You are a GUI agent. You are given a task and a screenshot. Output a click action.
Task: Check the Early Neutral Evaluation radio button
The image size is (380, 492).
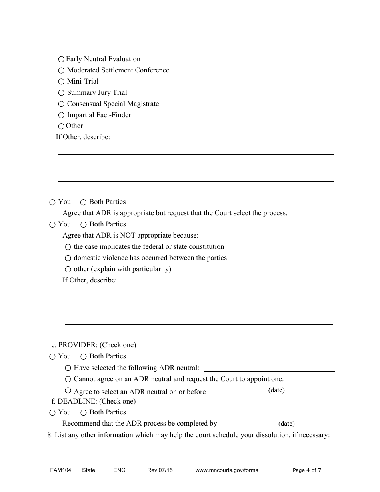61,59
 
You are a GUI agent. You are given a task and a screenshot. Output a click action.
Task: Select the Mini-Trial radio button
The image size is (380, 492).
61,82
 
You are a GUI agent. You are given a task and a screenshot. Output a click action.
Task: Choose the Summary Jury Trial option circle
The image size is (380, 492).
61,93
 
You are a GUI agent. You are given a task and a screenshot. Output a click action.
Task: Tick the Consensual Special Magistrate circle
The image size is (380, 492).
61,104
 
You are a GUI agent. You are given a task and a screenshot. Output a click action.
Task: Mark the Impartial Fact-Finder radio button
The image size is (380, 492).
61,115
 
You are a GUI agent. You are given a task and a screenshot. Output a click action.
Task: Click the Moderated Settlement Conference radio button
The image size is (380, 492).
61,70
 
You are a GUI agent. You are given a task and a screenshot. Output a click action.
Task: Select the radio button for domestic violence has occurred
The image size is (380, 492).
68,258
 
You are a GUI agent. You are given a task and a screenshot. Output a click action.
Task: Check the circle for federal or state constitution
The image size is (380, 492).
68,247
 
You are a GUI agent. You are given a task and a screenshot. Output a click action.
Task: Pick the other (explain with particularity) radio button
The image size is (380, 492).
68,270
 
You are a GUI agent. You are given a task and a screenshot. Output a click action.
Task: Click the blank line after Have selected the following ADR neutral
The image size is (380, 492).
269,368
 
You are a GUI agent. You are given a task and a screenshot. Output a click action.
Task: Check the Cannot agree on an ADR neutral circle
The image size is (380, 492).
68,379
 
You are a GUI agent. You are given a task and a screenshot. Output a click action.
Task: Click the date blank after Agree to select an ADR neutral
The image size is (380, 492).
239,391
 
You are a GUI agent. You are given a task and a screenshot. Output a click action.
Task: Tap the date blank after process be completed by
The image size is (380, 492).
249,424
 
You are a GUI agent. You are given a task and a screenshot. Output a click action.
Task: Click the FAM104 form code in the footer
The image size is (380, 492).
58,470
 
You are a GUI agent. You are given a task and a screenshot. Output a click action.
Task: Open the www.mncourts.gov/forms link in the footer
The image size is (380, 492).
226,470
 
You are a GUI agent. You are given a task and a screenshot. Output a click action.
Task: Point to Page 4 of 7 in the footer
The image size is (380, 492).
307,470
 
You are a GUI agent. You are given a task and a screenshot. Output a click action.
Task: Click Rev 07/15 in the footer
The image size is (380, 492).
160,470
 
